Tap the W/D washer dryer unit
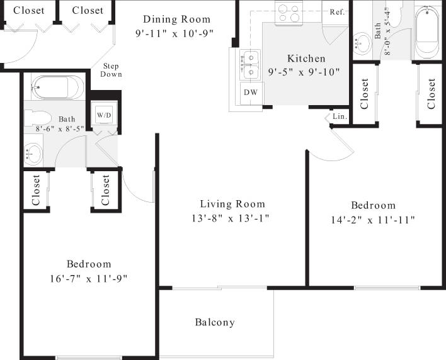[103, 115]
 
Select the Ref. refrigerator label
[336, 12]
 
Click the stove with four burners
[289, 12]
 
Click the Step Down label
[110, 70]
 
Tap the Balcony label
[214, 322]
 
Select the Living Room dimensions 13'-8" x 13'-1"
[232, 218]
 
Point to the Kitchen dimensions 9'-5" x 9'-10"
[304, 71]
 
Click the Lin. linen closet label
[340, 116]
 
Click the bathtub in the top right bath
[429, 31]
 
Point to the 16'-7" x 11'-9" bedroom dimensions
[88, 278]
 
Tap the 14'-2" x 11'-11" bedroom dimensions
[373, 220]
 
